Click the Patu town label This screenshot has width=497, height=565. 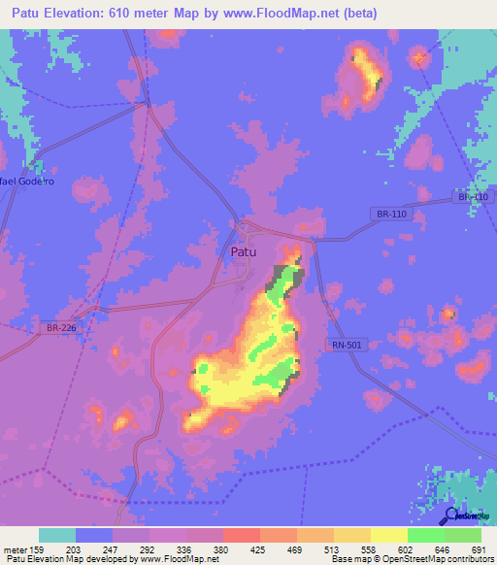tap(244, 251)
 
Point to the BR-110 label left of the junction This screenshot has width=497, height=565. tap(389, 213)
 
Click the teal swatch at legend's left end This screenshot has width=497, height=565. tap(57, 535)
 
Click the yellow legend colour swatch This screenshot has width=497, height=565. tap(388, 535)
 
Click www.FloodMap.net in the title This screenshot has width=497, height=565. tap(274, 14)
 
